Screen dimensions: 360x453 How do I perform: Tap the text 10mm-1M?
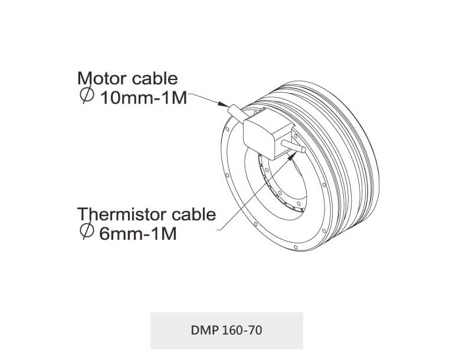pos(144,97)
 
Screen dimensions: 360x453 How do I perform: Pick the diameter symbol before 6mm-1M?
pos(87,232)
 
